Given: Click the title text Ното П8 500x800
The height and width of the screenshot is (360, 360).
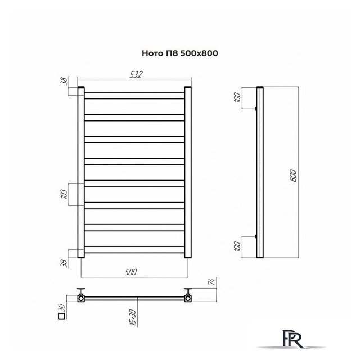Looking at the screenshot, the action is click(x=180, y=53).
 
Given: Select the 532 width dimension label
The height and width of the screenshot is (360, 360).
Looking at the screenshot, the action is click(x=136, y=75).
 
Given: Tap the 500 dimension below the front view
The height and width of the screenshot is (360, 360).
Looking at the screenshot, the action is click(x=131, y=272).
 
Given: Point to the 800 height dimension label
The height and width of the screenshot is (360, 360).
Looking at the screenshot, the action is click(x=293, y=175).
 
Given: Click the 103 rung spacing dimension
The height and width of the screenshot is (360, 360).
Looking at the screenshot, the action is click(x=65, y=194).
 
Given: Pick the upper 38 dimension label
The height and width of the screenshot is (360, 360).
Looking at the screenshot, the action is click(x=65, y=81).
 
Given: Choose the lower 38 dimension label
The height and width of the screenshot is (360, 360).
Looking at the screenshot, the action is click(x=65, y=263).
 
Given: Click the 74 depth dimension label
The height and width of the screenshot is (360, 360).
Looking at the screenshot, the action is click(x=213, y=282).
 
